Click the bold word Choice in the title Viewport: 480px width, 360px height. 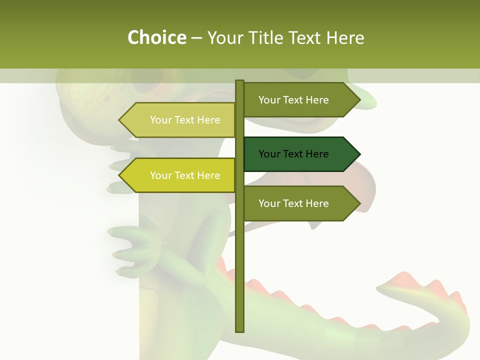click(x=156, y=37)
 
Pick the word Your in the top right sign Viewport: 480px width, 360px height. click(x=269, y=100)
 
